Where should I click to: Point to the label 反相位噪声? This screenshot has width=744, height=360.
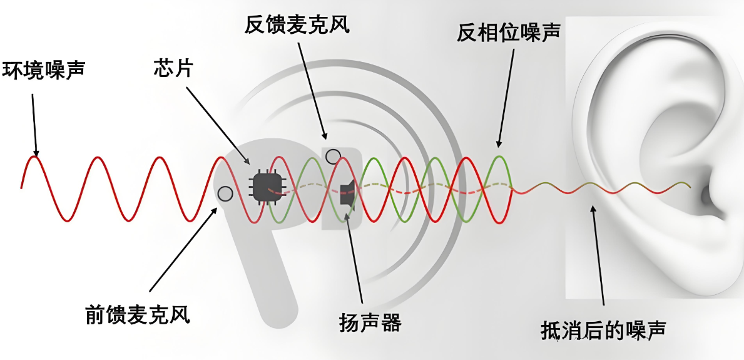(x=507, y=33)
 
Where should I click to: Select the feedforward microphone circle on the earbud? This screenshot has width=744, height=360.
(x=225, y=193)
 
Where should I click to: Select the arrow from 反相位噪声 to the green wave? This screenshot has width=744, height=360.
(x=506, y=97)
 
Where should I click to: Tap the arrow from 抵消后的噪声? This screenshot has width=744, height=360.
(x=598, y=263)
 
